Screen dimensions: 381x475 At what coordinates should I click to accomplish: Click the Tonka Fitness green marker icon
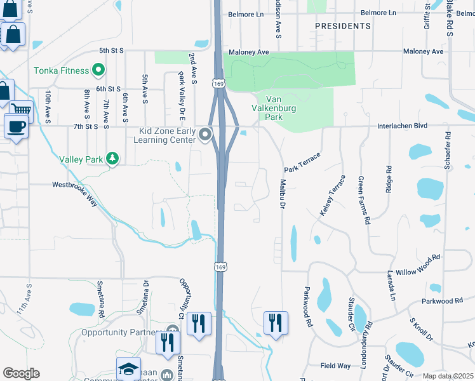[98, 69]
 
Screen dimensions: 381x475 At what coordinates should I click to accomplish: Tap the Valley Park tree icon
[112, 158]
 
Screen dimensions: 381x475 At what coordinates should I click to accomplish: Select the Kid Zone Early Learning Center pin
[204, 134]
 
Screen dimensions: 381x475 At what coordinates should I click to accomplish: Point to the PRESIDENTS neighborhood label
[343, 26]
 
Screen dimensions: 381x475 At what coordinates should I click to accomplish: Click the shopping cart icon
[21, 110]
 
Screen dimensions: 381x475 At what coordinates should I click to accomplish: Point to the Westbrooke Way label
[75, 185]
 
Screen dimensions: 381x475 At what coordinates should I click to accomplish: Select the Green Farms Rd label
[364, 201]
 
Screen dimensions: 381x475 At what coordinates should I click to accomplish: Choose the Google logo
[21, 373]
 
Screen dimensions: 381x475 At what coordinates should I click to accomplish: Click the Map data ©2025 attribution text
[448, 376]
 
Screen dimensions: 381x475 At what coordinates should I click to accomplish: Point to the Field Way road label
[335, 366]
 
